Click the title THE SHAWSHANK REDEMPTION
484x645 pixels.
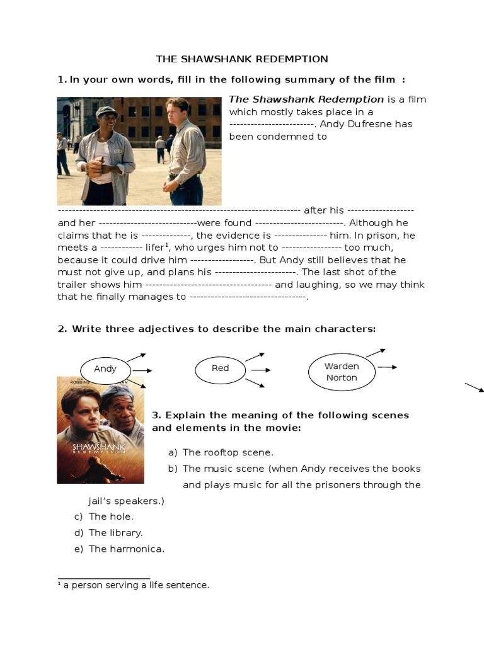pyautogui.click(x=242, y=59)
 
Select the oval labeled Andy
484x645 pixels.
pyautogui.click(x=105, y=369)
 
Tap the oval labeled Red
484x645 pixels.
pyautogui.click(x=220, y=368)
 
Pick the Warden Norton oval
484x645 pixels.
pyautogui.click(x=341, y=372)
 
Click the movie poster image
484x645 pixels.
pyautogui.click(x=100, y=430)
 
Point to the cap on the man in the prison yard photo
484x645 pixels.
pyautogui.click(x=106, y=111)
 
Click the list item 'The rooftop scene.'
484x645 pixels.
pyautogui.click(x=228, y=452)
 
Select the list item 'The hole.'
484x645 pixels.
pyautogui.click(x=111, y=517)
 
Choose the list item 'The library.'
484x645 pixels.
pyautogui.click(x=115, y=533)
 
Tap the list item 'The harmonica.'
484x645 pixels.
pyautogui.click(x=126, y=549)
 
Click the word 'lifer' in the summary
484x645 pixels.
pyautogui.click(x=154, y=248)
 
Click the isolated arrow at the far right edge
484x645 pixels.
pyautogui.click(x=474, y=387)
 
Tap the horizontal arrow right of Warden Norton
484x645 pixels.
pyautogui.click(x=387, y=367)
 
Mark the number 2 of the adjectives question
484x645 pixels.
pyautogui.click(x=62, y=329)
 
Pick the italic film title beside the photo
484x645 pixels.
pyautogui.click(x=306, y=100)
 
